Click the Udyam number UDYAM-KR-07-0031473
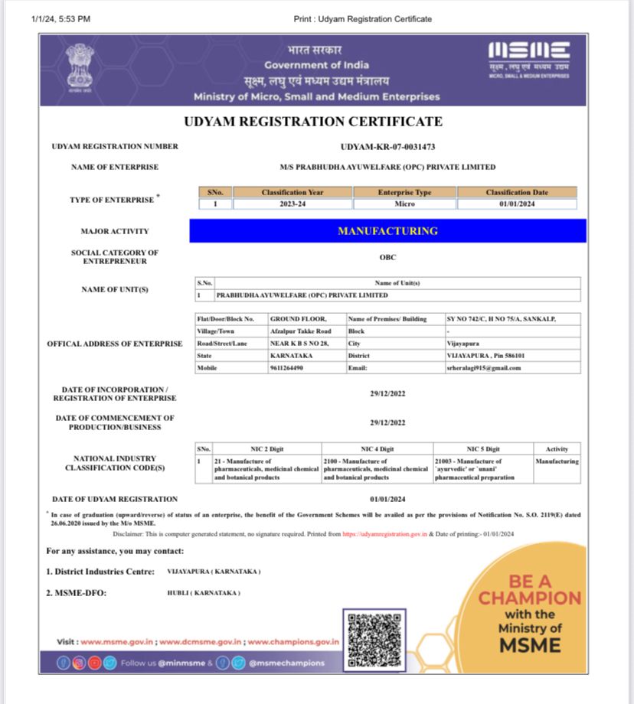(x=387, y=147)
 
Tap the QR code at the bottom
(x=374, y=639)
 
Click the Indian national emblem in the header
(x=80, y=68)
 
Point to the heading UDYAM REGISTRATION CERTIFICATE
(x=313, y=122)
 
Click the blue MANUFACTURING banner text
(x=387, y=231)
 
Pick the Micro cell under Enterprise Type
(x=405, y=204)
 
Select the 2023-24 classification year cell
(x=292, y=204)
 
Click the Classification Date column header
(x=517, y=193)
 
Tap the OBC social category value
(x=387, y=257)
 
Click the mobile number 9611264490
(x=286, y=368)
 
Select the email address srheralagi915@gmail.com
(x=483, y=368)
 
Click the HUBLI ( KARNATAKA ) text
(x=204, y=593)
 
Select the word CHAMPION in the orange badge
(x=530, y=598)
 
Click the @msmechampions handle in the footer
(x=286, y=663)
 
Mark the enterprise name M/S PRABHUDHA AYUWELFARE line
(x=387, y=167)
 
